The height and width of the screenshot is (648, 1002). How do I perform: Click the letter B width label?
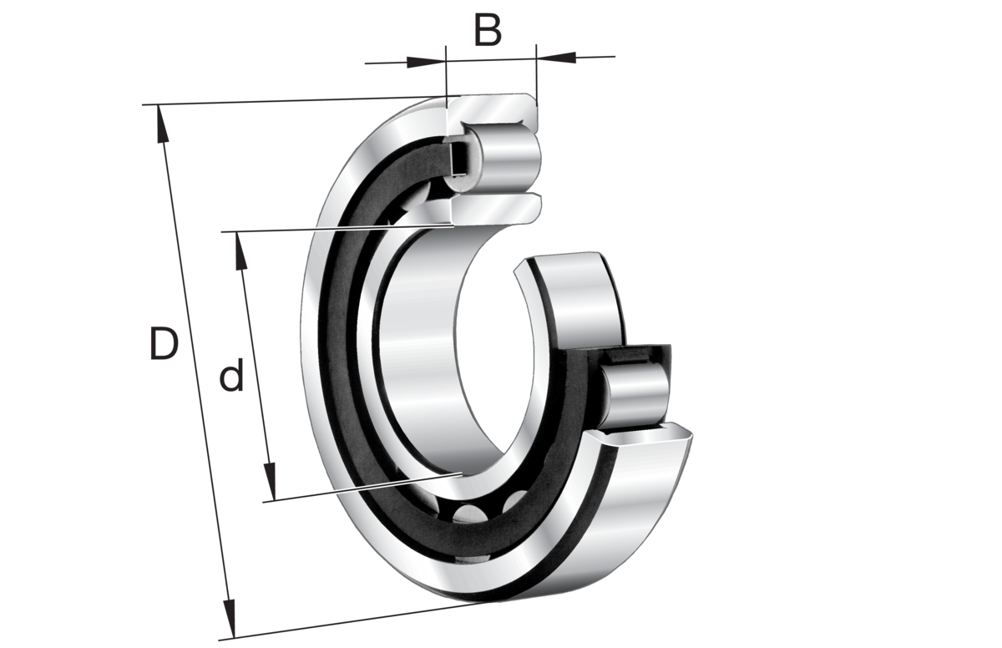coord(488,31)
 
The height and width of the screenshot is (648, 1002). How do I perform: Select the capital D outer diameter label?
coord(164,344)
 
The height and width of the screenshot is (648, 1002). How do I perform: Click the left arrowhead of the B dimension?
coord(429,60)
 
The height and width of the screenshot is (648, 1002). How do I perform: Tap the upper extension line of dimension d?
coord(334,229)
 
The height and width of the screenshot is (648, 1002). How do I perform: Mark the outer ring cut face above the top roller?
coord(493,109)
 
